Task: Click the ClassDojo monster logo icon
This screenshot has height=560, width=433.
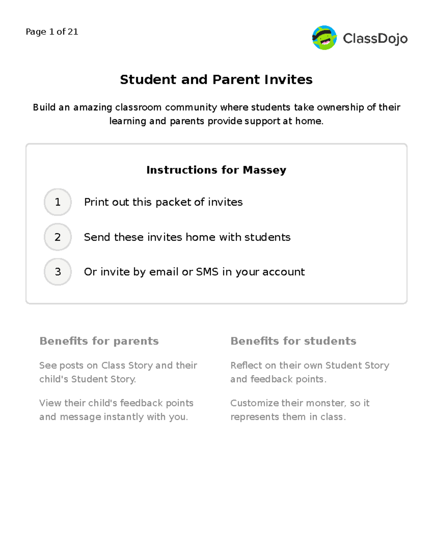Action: click(x=324, y=38)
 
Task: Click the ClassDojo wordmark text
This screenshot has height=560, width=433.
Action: click(x=375, y=38)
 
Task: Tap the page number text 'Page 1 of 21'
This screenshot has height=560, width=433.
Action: click(x=52, y=32)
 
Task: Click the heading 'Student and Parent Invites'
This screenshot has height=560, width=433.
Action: click(x=216, y=79)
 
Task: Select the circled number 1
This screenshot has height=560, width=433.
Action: click(x=58, y=202)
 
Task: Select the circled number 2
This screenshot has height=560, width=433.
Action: click(x=58, y=237)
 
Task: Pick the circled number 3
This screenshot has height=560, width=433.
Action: click(x=58, y=272)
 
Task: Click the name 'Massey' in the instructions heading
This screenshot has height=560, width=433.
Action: click(x=264, y=170)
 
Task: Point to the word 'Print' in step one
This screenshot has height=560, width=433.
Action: click(x=96, y=202)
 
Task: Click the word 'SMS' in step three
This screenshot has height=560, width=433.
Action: click(x=207, y=272)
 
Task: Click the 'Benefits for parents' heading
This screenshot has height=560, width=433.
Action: click(x=99, y=341)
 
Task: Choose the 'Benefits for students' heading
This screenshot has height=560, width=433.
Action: click(x=293, y=341)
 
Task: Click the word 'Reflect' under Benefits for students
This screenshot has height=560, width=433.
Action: click(x=246, y=365)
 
